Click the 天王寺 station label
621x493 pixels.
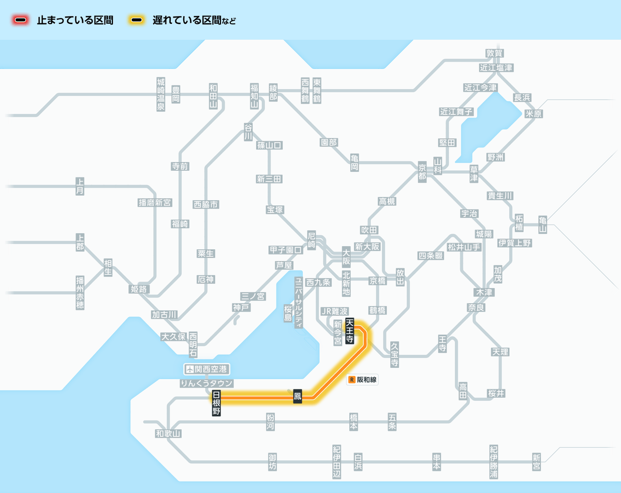click(350, 332)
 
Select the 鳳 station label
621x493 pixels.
click(297, 397)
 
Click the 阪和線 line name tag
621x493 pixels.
click(363, 380)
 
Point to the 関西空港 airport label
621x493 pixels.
click(207, 369)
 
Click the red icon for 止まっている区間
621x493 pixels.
click(21, 20)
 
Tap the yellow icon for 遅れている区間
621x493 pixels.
click(137, 20)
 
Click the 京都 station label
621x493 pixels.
click(422, 171)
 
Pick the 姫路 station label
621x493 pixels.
click(139, 289)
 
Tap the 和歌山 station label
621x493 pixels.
click(168, 434)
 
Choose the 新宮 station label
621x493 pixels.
click(536, 462)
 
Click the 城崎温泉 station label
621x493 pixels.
click(161, 95)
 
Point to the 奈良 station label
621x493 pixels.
click(476, 307)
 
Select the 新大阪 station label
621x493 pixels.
click(367, 247)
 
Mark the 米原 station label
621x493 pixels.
click(534, 114)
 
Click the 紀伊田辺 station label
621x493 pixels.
click(337, 462)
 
